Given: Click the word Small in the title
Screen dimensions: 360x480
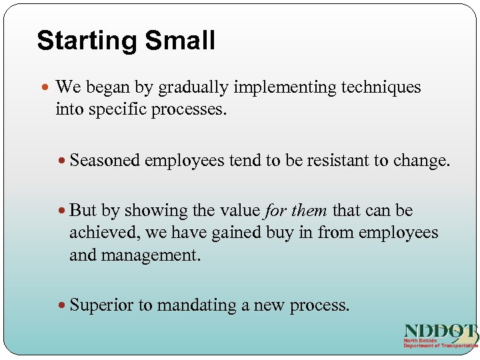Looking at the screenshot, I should pos(181,41).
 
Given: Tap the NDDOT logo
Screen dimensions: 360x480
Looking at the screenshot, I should pos(441,336).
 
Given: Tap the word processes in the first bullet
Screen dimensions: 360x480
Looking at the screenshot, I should pos(189,109).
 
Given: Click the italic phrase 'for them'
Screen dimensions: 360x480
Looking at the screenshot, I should pos(295,211).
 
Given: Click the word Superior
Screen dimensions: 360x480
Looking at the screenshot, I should pos(101,305).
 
